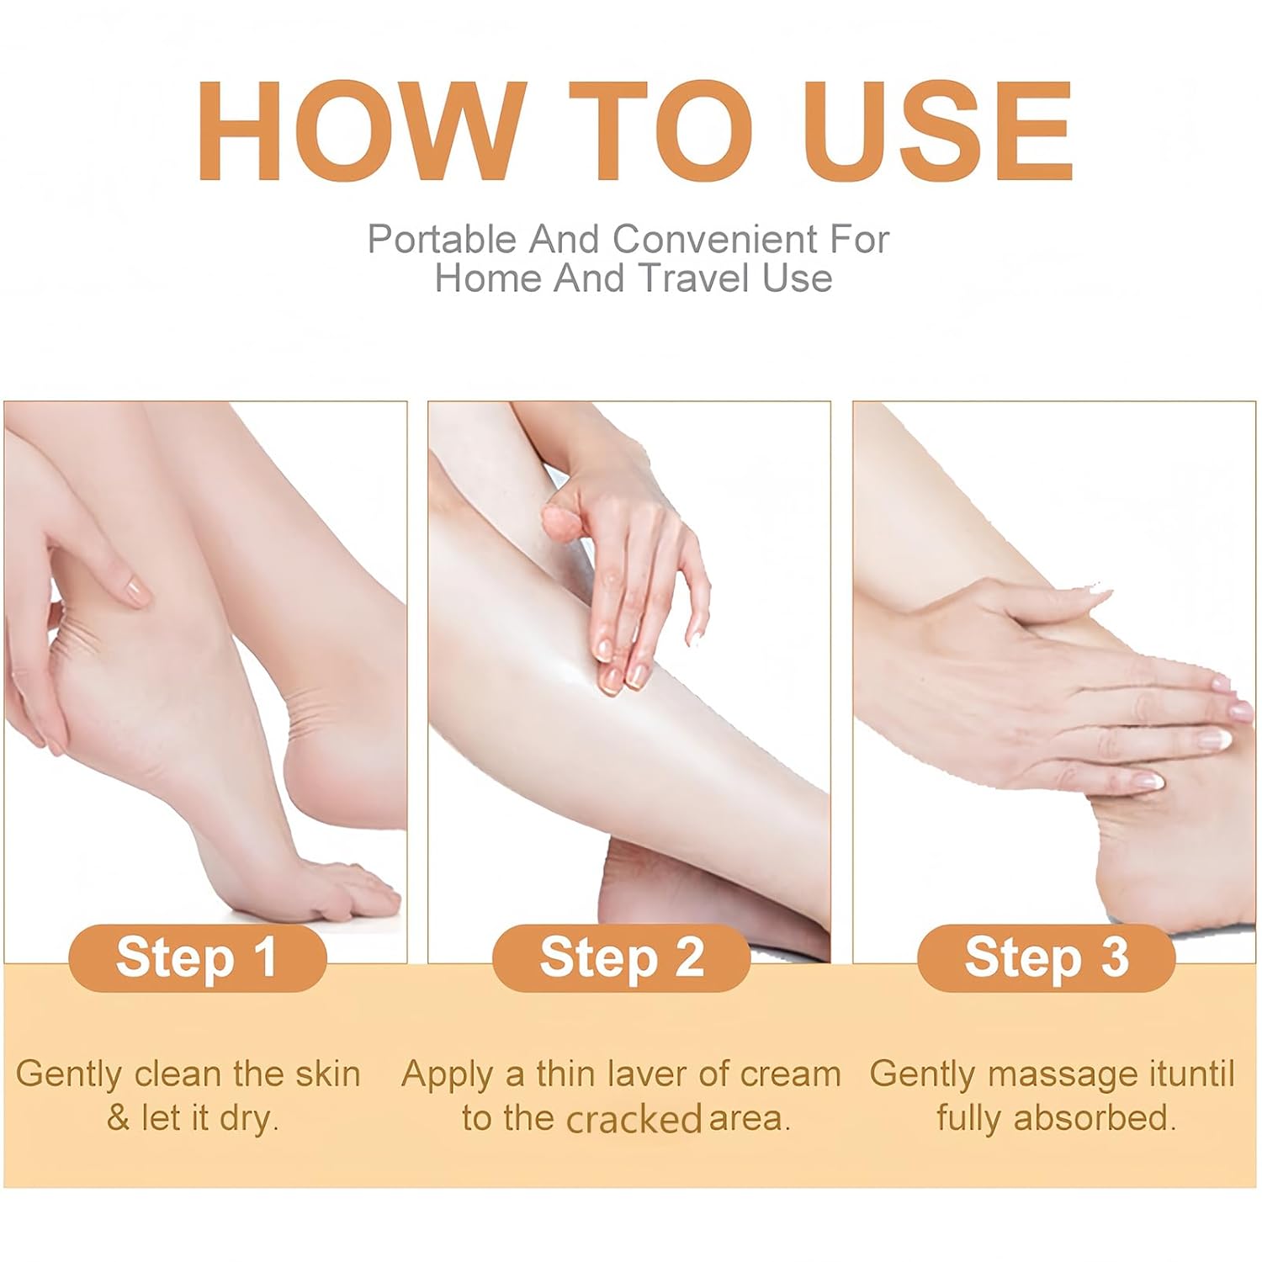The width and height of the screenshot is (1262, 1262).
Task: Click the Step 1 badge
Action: tap(197, 957)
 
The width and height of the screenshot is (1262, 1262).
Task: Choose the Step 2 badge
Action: tap(621, 957)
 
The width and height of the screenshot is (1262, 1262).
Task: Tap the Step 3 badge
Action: tap(1046, 957)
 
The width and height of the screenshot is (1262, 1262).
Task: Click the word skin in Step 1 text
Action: tap(328, 1074)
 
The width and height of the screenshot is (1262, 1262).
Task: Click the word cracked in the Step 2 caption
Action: tap(634, 1120)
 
